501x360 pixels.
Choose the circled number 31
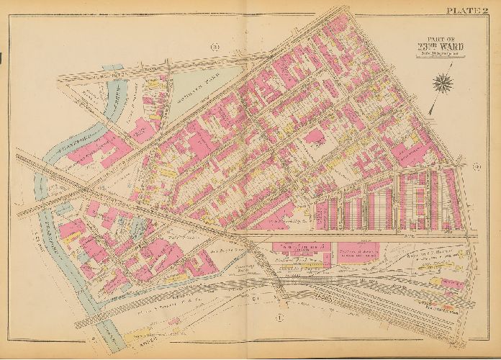(215, 48)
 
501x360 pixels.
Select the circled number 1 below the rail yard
(279, 315)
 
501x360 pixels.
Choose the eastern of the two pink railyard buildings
(358, 250)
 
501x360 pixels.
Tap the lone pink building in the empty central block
(315, 136)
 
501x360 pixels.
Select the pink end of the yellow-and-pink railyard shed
(453, 284)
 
